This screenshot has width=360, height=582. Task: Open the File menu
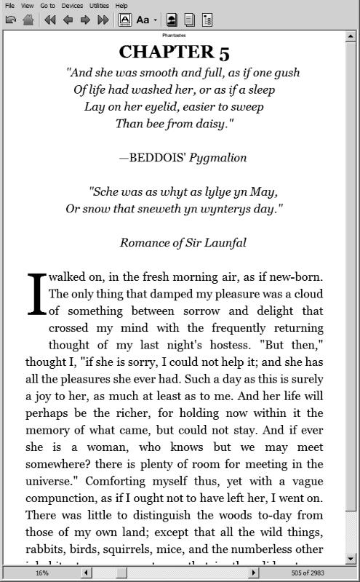9,5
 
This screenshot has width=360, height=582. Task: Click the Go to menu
47,5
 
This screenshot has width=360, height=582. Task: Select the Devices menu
72,5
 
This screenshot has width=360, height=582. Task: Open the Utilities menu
99,5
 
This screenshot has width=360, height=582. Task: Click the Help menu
121,5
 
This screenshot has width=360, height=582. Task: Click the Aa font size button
143,20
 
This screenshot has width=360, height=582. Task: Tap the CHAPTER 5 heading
175,52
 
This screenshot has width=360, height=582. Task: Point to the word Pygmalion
218,158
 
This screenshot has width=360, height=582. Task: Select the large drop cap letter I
36,295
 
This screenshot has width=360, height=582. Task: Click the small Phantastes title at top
175,34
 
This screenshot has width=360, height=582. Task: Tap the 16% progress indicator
41,573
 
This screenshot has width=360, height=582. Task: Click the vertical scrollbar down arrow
352,559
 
